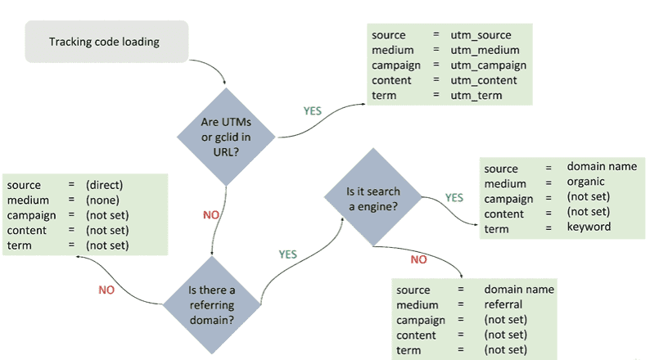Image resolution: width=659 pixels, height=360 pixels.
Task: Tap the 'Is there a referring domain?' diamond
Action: pos(212,304)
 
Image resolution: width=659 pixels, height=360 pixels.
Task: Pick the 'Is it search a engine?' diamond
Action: pos(372,200)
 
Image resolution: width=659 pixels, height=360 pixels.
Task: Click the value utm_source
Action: pos(481,35)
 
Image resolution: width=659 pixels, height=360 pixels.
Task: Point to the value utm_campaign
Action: pos(488,65)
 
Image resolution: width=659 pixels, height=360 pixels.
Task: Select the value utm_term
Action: pos(476,95)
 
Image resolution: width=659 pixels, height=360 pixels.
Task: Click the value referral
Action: pos(503,304)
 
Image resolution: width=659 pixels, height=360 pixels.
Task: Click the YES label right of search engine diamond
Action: pos(454,197)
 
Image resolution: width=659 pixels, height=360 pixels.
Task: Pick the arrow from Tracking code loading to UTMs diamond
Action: pos(216,73)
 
